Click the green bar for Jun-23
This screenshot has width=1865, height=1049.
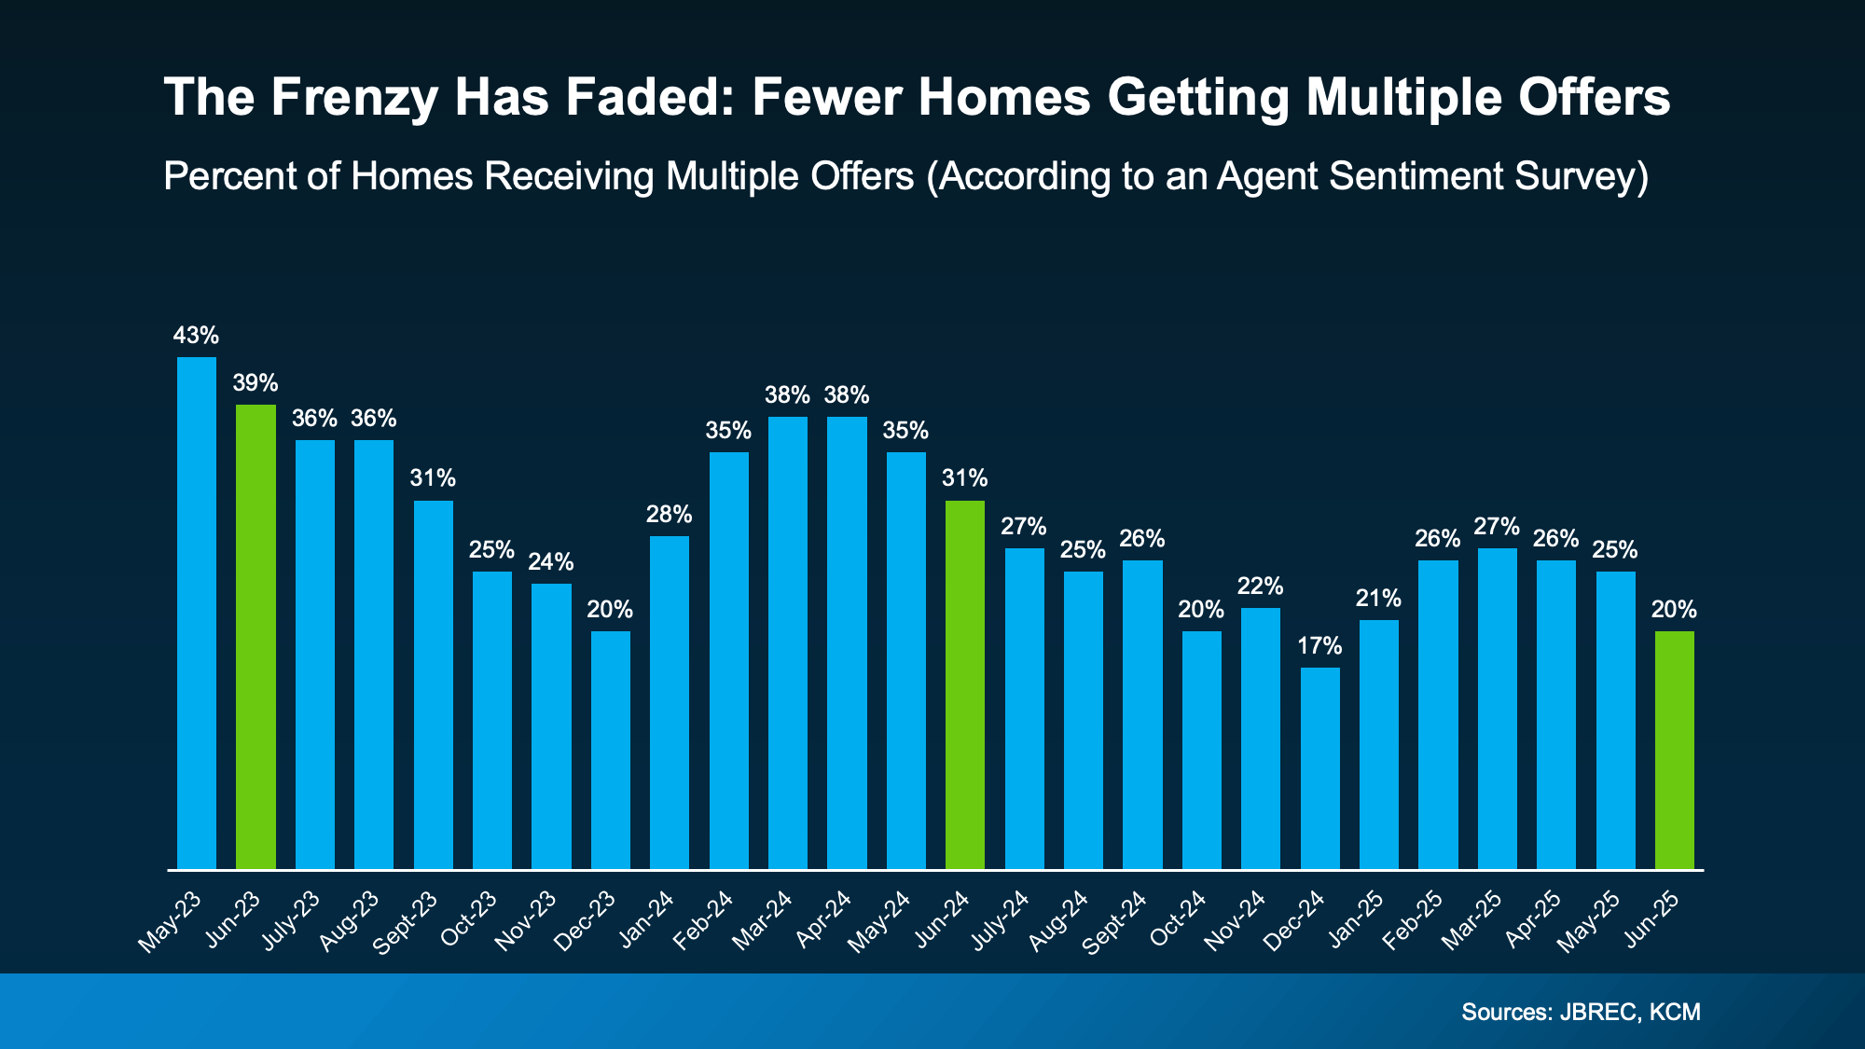pos(256,637)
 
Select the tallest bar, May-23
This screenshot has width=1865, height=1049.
pos(197,613)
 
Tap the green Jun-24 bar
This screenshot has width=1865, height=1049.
pos(965,684)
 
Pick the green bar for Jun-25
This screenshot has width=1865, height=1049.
pos(1675,750)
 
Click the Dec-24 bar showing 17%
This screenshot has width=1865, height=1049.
pos(1319,767)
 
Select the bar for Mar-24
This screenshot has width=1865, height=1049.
pos(788,642)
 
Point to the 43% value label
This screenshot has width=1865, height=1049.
pos(196,336)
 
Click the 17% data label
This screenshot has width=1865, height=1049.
pos(1319,646)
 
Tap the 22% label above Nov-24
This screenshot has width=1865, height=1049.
pos(1260,587)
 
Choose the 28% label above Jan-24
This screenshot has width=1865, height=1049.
pos(670,515)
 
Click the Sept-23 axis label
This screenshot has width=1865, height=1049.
pos(407,922)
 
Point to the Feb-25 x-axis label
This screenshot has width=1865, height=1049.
pos(1414,920)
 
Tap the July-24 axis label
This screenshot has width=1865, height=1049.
pos(1000,920)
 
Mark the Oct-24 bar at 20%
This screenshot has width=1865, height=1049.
pos(1201,750)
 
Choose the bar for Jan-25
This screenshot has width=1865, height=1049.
pos(1378,744)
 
